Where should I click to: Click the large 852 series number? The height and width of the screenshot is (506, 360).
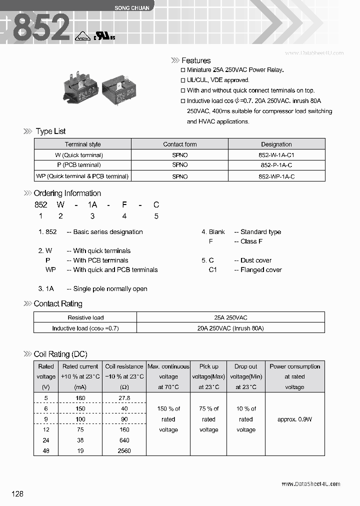[x=41, y=27]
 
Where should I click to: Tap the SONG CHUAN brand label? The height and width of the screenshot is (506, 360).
[x=129, y=8]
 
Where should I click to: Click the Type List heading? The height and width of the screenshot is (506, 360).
[x=50, y=131]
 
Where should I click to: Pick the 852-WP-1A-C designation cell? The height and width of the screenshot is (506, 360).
[x=276, y=176]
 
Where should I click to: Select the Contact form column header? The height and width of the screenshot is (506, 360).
[x=180, y=144]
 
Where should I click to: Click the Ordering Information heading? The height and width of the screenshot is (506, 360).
[x=67, y=193]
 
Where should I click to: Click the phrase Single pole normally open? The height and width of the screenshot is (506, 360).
[x=110, y=289]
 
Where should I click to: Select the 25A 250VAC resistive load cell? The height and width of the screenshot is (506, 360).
[x=230, y=317]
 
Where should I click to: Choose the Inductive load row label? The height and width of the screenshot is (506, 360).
[x=85, y=328]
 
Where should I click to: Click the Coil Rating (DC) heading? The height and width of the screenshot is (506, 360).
[x=60, y=354]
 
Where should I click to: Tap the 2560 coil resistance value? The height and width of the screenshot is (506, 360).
[x=124, y=451]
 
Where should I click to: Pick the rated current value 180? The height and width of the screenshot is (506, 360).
[x=80, y=398]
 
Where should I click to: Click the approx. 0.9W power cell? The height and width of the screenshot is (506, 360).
[x=294, y=419]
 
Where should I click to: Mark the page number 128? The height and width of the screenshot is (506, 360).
[x=17, y=494]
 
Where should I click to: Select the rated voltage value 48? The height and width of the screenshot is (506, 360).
[x=46, y=451]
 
